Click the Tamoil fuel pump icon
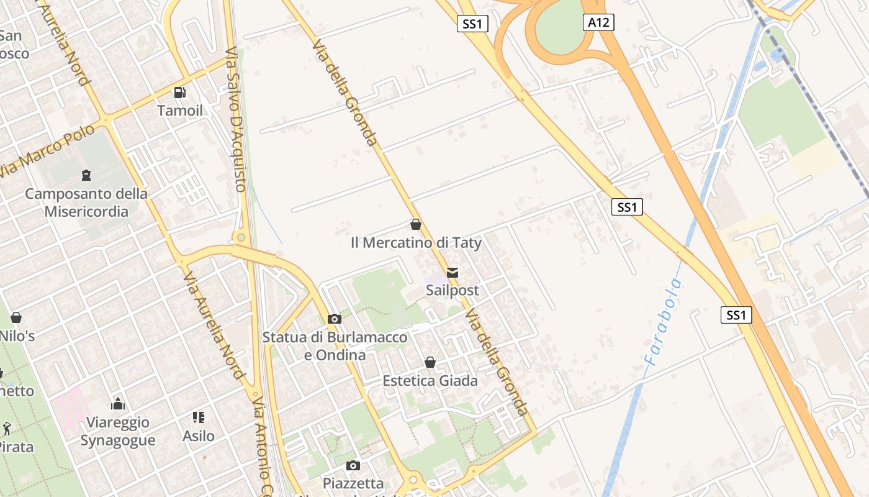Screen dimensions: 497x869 pos(180,93)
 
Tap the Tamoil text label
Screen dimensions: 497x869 pos(180,111)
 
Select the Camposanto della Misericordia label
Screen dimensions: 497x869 pos(86,203)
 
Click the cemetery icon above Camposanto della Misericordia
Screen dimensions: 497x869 pos(86,175)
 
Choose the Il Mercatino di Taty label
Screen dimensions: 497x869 pos(416,242)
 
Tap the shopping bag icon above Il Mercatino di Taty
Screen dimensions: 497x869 pos(416,224)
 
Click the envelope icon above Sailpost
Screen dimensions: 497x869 pos(453,273)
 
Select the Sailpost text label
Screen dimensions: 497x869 pos(453,290)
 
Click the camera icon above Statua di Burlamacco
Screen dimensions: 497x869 pos(335,319)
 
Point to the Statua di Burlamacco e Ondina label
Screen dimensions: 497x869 pos(335,346)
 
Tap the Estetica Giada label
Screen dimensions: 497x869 pos(430,380)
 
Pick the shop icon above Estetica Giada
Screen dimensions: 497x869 pos(430,362)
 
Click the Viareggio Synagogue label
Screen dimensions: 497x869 pos(117,431)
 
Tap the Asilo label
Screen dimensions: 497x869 pos(199,436)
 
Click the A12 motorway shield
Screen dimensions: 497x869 pos(598,23)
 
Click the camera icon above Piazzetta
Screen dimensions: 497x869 pos(353,465)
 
